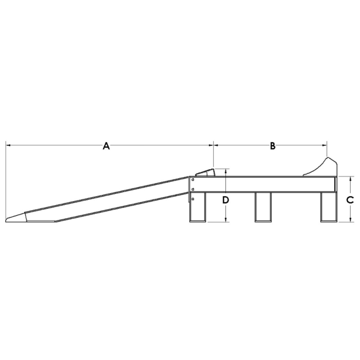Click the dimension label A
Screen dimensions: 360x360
(x=106, y=146)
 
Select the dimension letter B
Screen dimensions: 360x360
(x=273, y=146)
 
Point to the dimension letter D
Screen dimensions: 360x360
(x=225, y=200)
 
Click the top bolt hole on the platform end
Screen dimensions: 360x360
(x=193, y=180)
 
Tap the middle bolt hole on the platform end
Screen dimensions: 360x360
(x=193, y=189)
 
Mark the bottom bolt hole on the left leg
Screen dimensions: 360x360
(x=193, y=198)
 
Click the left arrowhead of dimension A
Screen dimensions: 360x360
(x=8, y=145)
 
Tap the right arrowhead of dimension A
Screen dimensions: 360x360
(x=211, y=145)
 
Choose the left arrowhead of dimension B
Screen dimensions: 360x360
(x=216, y=145)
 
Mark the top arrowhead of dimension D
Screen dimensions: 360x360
(x=225, y=171)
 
